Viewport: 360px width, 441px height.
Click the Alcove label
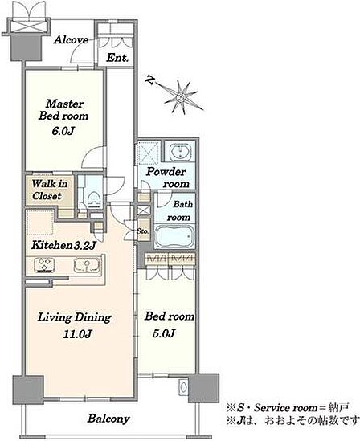coord(72,39)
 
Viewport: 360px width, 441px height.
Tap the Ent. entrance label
coord(117,58)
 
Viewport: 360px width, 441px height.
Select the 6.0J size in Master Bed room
coord(63,132)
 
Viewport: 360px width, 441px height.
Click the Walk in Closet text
coord(50,190)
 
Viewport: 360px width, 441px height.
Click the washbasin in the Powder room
coord(180,152)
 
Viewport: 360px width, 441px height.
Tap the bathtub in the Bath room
coord(174,236)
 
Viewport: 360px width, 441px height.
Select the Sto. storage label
coord(143,231)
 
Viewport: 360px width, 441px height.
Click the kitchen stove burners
coord(44,265)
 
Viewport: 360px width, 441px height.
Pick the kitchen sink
coord(86,265)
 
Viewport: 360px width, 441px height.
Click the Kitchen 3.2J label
coord(63,245)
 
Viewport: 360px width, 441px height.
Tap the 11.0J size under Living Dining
coord(77,334)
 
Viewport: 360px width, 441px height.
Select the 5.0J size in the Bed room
coord(164,333)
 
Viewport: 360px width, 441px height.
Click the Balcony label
coord(108,419)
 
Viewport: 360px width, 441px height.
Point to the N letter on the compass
coord(149,80)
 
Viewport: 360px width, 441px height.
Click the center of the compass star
coord(180,97)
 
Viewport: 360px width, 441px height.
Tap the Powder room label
coord(168,178)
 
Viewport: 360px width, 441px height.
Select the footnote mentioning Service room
coord(288,407)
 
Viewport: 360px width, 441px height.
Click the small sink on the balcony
coord(183,386)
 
